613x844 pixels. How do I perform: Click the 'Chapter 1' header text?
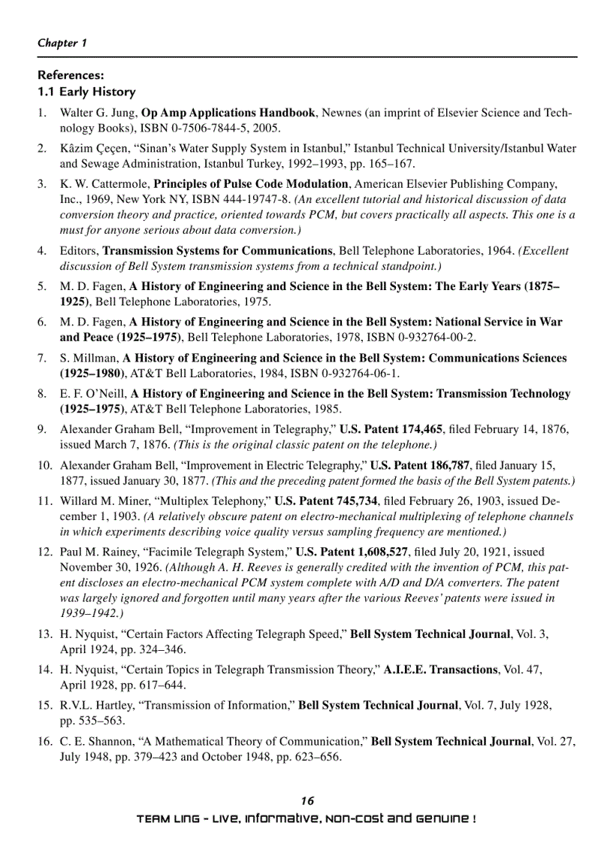[62, 43]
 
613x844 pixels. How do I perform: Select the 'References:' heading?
[71, 75]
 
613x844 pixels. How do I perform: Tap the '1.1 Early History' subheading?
[86, 92]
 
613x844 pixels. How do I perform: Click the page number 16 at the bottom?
[306, 801]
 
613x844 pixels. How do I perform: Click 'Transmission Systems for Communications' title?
[217, 251]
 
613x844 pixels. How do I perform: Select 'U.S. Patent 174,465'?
[391, 429]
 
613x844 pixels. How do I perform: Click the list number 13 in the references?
[44, 634]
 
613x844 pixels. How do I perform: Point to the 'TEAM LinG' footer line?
[306, 818]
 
